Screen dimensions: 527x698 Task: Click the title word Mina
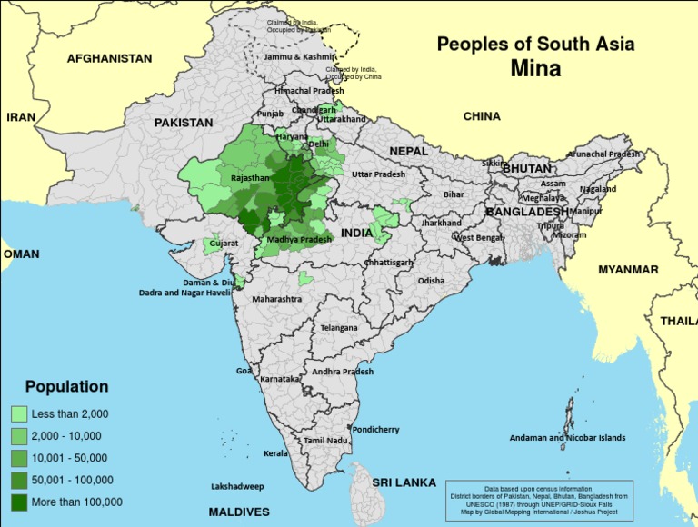[535, 68]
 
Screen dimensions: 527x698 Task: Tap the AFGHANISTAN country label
[109, 58]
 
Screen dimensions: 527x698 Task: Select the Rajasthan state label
[251, 179]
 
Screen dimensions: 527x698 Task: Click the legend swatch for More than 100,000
[19, 502]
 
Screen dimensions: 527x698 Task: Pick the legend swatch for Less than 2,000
[19, 413]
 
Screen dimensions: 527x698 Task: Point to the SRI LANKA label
[403, 482]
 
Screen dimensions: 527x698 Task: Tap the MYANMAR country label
[628, 270]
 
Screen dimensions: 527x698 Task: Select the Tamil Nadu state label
[326, 441]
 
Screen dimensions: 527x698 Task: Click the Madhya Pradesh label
[299, 239]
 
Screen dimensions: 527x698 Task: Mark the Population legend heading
[66, 386]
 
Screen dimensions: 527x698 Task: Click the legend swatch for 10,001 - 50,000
[19, 458]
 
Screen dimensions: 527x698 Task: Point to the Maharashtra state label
[276, 299]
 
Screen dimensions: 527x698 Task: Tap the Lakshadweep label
[237, 486]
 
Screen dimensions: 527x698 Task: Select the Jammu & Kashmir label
[299, 56]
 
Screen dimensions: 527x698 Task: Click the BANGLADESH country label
[527, 212]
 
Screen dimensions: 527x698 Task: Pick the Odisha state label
[431, 281]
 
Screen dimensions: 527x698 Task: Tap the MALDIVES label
[239, 512]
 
